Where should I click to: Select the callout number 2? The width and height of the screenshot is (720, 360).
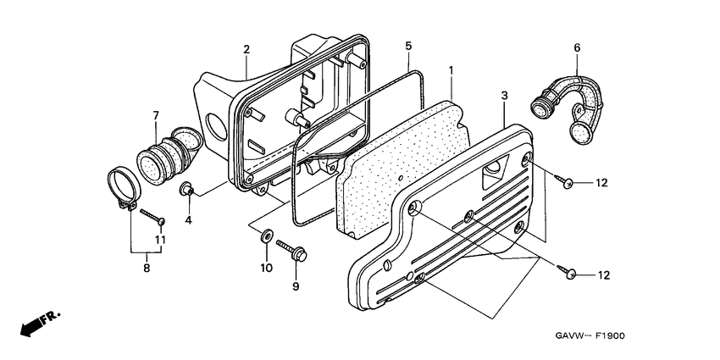246,49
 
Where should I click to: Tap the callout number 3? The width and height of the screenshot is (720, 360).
505,97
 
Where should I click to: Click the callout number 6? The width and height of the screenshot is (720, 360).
577,48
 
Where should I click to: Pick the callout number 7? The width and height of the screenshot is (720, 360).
156,114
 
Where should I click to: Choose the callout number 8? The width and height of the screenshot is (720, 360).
147,269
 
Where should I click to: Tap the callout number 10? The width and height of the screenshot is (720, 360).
264,268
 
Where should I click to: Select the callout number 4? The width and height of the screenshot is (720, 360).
189,220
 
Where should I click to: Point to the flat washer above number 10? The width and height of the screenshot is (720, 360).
266,235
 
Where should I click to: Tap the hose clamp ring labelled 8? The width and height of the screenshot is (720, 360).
121,191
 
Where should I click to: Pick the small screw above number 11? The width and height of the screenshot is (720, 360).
152,217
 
